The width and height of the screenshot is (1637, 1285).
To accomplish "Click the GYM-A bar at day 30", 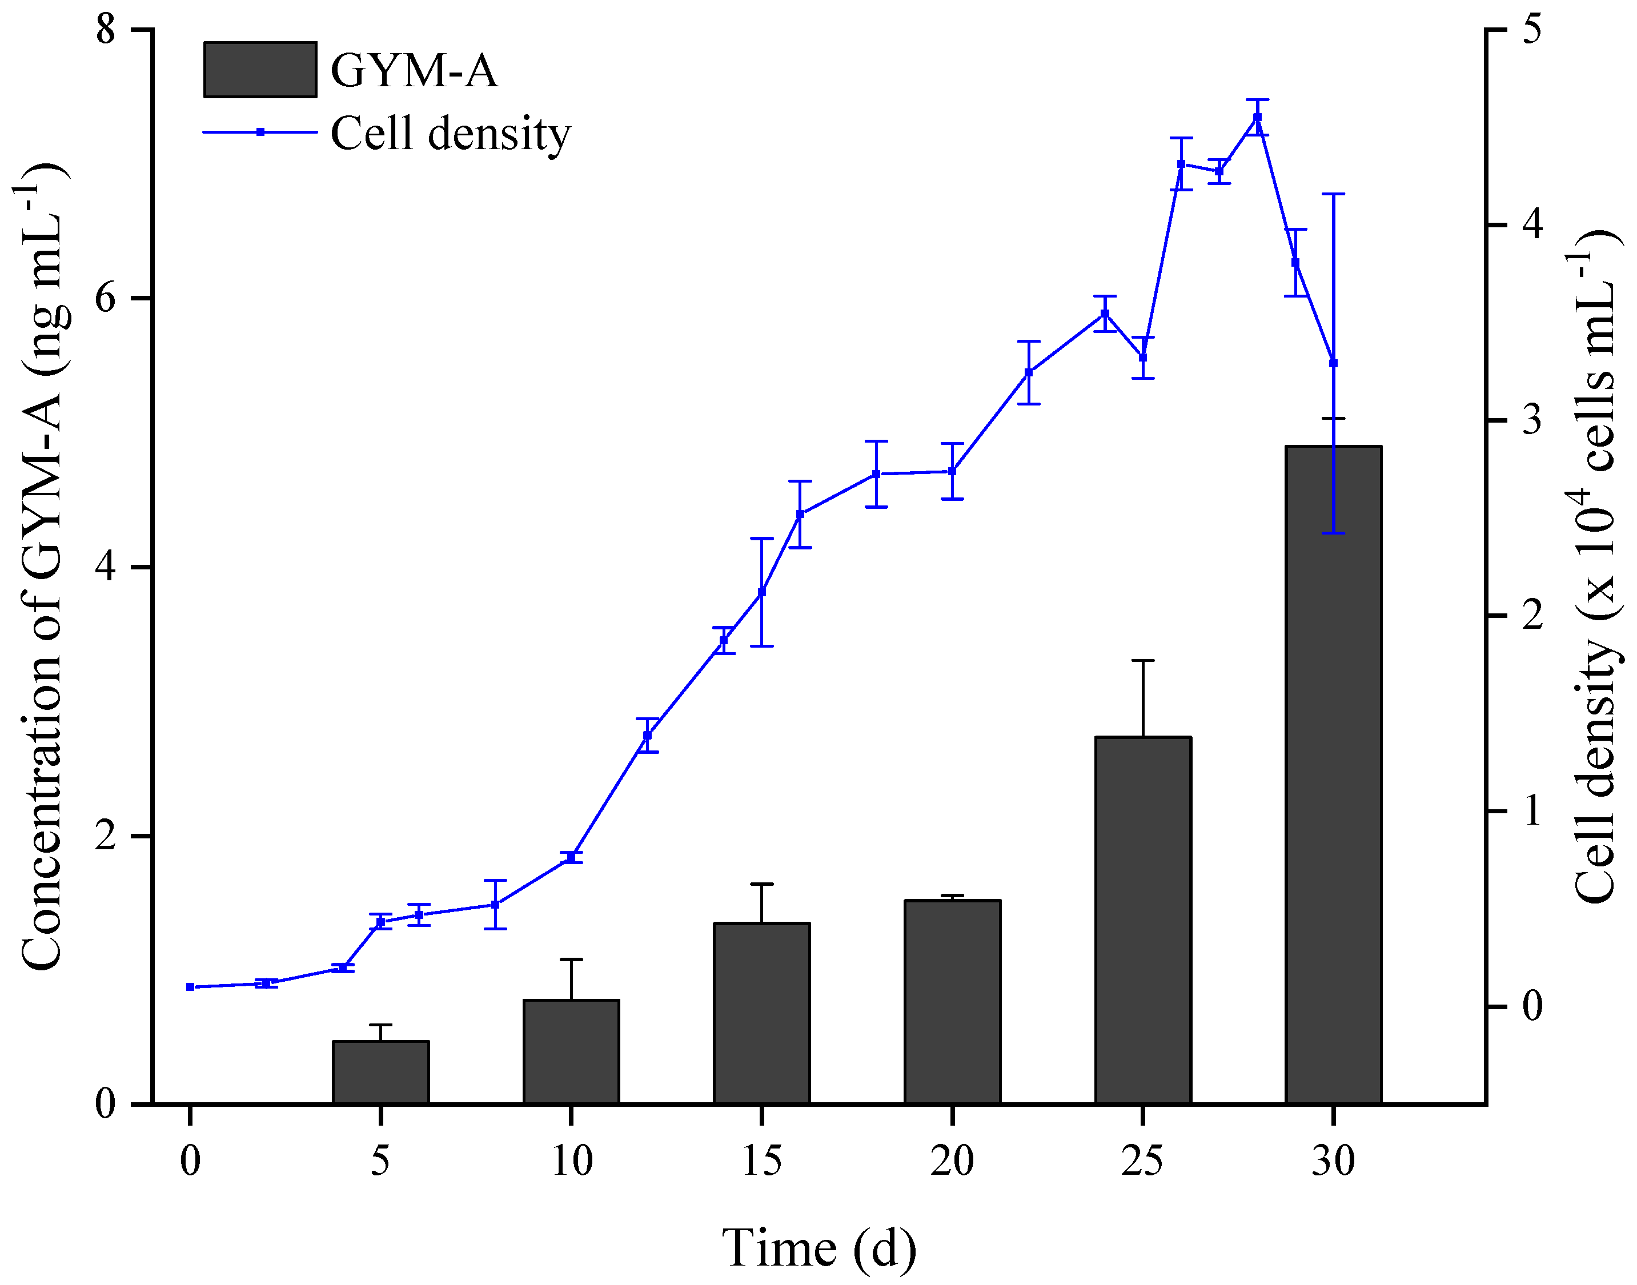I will (1333, 775).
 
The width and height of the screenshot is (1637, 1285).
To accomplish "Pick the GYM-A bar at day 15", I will (761, 1013).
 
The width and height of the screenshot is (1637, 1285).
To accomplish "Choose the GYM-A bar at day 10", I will (571, 1052).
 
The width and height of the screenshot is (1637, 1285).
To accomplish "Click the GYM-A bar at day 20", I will (952, 1002).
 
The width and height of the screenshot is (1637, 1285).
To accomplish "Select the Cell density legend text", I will (450, 134).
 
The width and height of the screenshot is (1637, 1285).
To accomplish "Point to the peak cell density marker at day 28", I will (1257, 118).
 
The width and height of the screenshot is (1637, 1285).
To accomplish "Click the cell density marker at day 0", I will (190, 986).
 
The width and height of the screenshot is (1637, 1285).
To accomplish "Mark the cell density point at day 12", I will (647, 735).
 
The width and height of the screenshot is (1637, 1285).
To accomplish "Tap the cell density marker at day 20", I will (952, 471).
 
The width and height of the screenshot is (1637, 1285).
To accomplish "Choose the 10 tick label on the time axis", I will (572, 1161).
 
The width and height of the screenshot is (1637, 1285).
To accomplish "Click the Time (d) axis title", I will (819, 1248).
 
